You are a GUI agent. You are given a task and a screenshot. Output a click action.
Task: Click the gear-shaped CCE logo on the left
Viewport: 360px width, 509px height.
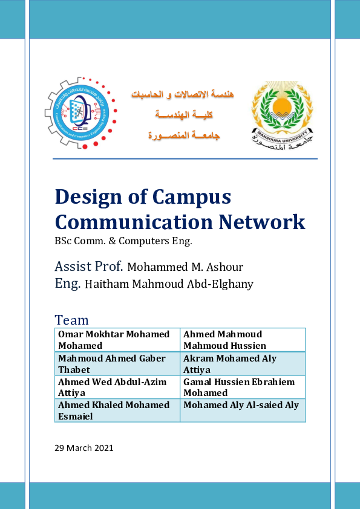point(80,112)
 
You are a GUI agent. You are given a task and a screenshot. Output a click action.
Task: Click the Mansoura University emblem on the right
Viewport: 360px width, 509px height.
point(282,115)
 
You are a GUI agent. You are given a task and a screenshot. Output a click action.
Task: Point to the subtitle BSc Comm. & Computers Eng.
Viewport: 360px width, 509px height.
point(123,241)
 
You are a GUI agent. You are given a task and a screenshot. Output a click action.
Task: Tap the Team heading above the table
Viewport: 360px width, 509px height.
point(71,320)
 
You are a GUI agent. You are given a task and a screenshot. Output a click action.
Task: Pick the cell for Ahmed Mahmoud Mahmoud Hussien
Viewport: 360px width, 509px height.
point(243,340)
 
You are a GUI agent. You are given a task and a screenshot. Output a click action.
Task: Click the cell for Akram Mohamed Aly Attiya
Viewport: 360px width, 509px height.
point(243,364)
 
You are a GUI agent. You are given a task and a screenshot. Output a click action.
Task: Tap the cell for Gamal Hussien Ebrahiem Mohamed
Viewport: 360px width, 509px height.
point(243,387)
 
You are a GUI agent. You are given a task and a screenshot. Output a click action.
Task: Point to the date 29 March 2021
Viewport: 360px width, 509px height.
point(83,448)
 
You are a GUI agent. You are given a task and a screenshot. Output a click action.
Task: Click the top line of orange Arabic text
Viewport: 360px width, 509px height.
point(183,95)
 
